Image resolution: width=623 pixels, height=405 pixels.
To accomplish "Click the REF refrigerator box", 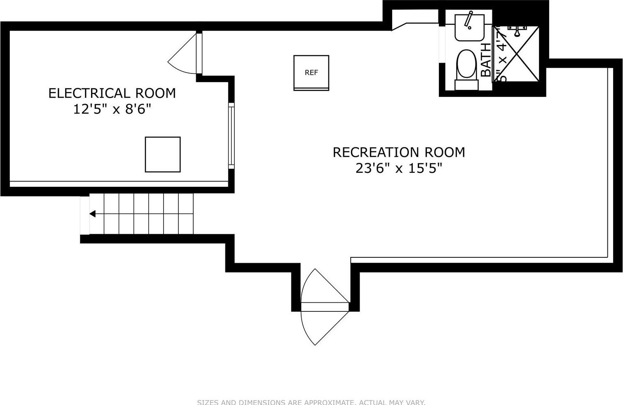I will coord(311,73).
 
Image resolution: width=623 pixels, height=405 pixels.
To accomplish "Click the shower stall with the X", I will coord(516,54).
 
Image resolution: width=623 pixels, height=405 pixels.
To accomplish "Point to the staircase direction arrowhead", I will coord(93,214).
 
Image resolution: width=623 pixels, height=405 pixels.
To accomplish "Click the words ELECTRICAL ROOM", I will coord(112,93).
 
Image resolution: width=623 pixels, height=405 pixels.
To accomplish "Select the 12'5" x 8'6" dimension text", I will coord(112,109).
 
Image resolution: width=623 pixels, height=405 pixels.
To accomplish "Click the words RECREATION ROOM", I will coord(398,152).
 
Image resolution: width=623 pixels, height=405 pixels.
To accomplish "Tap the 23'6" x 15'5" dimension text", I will coord(398,168).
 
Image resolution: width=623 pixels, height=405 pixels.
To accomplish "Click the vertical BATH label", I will coord(486,60).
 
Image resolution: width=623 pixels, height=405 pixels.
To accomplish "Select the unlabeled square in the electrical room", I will coord(162,154).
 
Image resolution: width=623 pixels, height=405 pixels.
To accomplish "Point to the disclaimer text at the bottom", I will coord(311,402).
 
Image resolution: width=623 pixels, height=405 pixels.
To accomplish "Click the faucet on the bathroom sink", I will coord(468,20).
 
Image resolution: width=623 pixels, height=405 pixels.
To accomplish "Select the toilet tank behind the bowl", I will coord(466,85).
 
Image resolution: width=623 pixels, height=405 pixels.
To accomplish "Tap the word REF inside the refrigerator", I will coord(311,73).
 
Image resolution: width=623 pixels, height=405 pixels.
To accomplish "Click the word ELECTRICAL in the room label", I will coord(84,93).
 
